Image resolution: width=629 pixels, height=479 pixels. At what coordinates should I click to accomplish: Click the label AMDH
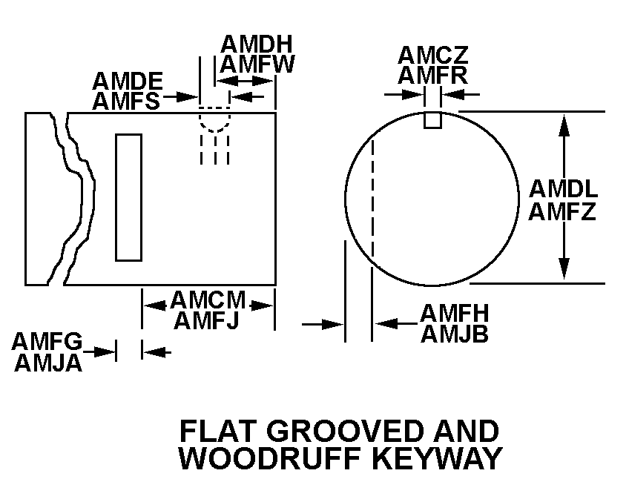[x=257, y=44]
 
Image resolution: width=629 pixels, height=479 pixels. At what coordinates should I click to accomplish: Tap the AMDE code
[x=127, y=80]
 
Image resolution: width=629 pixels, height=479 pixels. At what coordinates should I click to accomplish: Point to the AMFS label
[x=127, y=100]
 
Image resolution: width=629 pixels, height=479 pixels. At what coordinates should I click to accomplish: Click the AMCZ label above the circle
[x=433, y=55]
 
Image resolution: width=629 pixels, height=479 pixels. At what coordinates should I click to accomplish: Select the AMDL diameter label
[x=563, y=188]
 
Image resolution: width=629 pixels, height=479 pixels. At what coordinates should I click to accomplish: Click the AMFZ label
[x=563, y=212]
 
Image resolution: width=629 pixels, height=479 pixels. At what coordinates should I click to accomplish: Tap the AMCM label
[x=208, y=300]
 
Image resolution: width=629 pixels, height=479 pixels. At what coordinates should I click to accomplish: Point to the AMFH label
[x=453, y=314]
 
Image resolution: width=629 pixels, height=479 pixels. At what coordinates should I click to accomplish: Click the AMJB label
[x=454, y=334]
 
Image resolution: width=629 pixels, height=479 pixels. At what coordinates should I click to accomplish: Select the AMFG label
[x=47, y=342]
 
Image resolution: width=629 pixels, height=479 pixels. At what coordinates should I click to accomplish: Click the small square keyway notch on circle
[x=433, y=119]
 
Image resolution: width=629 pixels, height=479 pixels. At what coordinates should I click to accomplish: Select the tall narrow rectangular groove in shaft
[x=128, y=197]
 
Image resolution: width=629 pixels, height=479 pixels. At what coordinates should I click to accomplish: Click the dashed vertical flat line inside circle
[x=373, y=196]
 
